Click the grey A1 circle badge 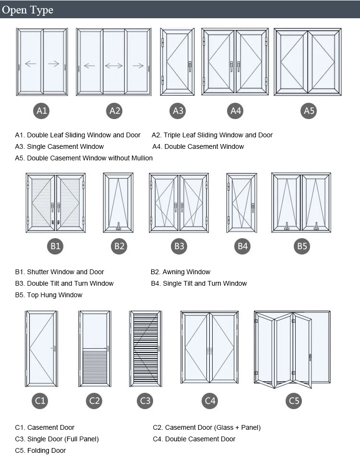[x=42, y=111]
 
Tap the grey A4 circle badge [x=235, y=111]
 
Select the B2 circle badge [x=119, y=246]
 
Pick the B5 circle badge [x=302, y=246]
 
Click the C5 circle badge [x=294, y=400]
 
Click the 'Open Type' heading [x=28, y=10]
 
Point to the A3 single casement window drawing [x=177, y=62]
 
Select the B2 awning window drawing [x=118, y=203]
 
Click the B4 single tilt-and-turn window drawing [x=242, y=203]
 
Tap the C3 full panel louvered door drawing [x=144, y=349]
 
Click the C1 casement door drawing [x=41, y=349]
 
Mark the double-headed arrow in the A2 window [x=114, y=66]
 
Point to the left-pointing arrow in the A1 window [x=31, y=64]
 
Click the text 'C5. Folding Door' [x=40, y=450]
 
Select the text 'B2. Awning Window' [x=180, y=272]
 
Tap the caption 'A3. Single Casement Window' [x=60, y=146]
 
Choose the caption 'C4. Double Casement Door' [x=194, y=439]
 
